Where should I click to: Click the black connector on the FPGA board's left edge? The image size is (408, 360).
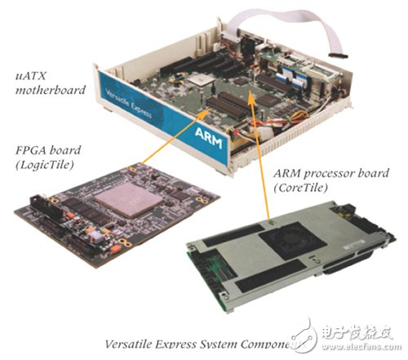click(36, 209)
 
